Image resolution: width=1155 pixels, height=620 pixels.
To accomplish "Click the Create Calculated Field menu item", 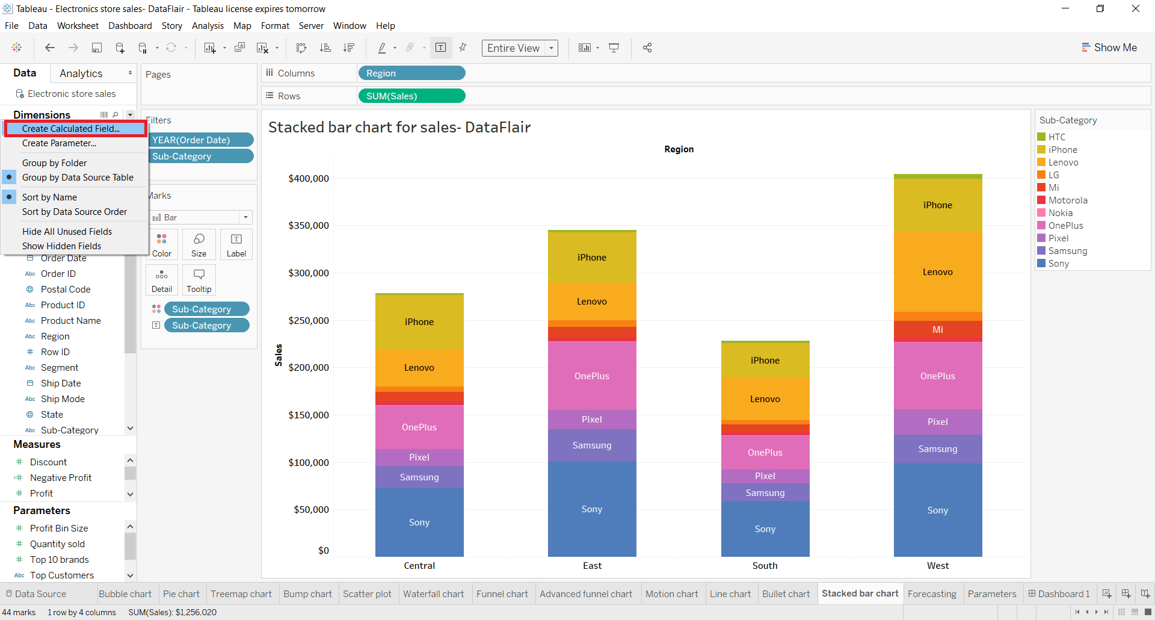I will point(71,129).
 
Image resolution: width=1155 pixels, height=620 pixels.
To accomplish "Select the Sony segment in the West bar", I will point(937,510).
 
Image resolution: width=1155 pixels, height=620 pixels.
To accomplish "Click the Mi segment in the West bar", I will point(937,330).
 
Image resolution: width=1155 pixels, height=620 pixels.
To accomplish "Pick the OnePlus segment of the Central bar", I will point(419,427).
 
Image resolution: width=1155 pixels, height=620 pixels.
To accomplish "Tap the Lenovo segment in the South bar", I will point(765,398).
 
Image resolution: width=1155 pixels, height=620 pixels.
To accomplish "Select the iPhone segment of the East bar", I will point(592,257).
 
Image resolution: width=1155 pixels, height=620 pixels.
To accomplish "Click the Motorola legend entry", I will point(1067,200).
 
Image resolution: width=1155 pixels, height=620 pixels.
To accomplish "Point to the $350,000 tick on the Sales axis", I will point(309,226).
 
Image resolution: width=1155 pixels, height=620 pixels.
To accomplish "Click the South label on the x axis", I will point(765,565).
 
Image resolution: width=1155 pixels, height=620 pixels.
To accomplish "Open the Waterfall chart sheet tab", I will point(433,594).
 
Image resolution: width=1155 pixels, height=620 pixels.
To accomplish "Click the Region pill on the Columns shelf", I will point(411,73).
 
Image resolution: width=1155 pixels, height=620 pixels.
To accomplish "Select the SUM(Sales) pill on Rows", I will point(411,96).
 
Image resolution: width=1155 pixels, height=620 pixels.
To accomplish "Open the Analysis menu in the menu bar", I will point(208,26).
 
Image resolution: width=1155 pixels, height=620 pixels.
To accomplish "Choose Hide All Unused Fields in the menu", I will point(67,232).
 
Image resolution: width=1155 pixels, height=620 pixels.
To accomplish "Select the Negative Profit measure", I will point(61,477).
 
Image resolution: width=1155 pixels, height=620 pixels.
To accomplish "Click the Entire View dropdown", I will point(519,48).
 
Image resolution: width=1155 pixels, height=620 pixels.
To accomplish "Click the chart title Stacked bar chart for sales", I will point(399,127).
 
